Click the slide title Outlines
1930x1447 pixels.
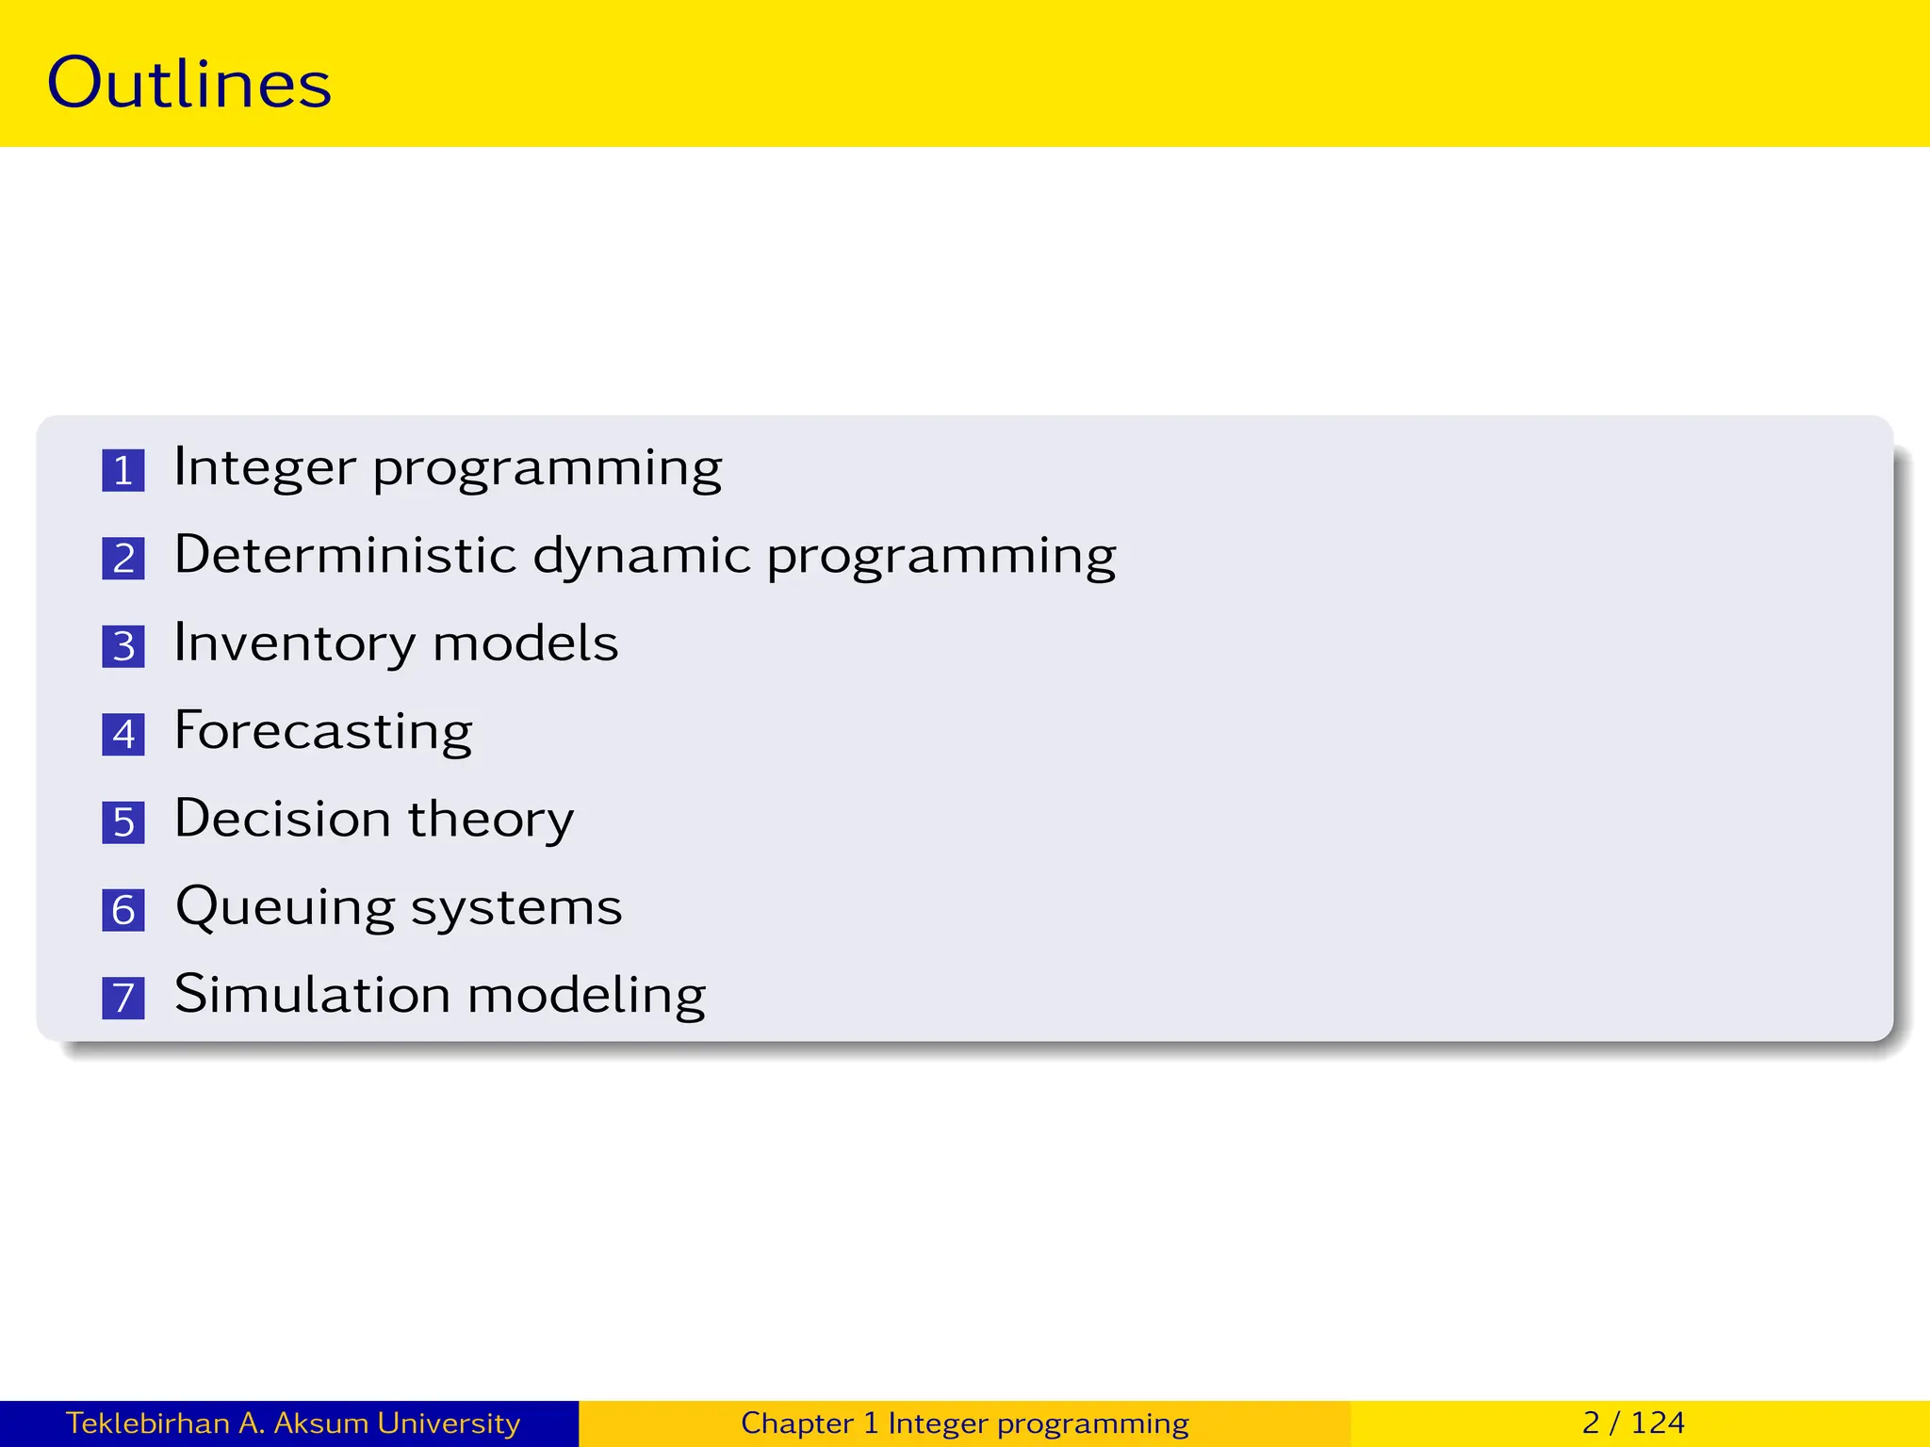(188, 83)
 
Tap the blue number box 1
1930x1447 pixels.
(123, 470)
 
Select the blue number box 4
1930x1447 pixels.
(123, 734)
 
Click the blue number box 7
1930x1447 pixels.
(123, 998)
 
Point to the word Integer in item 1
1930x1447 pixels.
(265, 467)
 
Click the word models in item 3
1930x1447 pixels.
(525, 643)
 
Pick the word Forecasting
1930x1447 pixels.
(323, 732)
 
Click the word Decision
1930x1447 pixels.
(282, 818)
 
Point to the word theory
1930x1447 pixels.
(490, 820)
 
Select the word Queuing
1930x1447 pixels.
(285, 908)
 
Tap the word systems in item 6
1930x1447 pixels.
(516, 908)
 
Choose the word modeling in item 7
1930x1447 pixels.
(586, 996)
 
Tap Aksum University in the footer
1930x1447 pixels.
(397, 1423)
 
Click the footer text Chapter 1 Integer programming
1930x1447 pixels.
(964, 1423)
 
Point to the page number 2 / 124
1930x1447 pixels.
(1633, 1423)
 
